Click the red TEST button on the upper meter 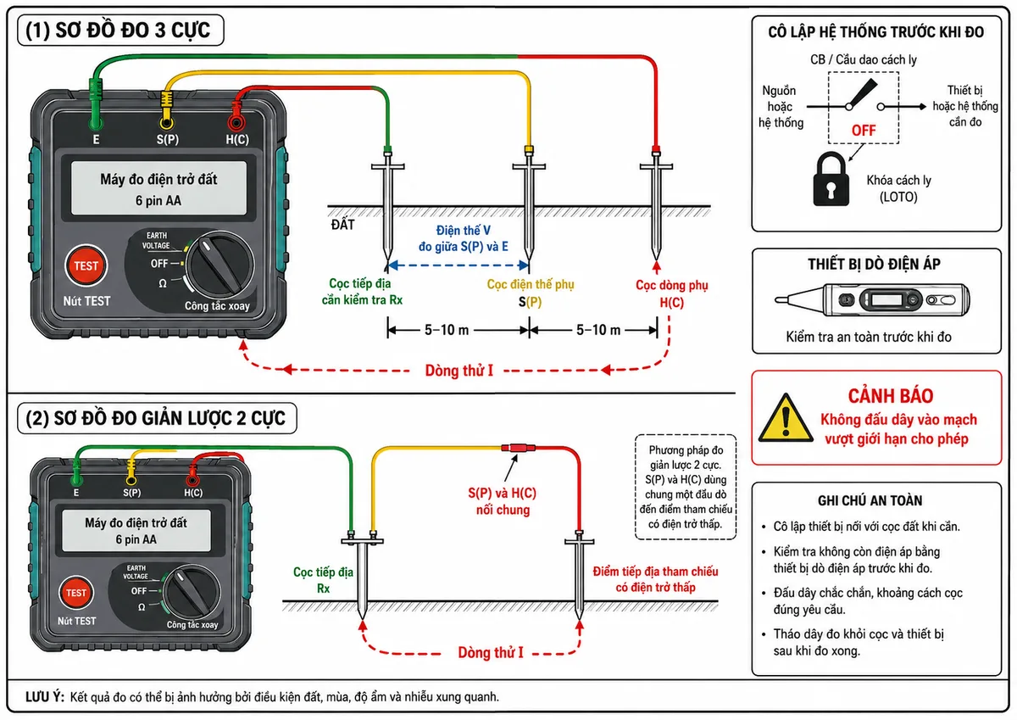click(x=86, y=265)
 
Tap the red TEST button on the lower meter click(x=75, y=592)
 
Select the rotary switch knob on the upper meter click(x=220, y=265)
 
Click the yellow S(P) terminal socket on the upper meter click(x=167, y=123)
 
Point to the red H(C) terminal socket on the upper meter click(x=236, y=122)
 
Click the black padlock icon click(x=831, y=179)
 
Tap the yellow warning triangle click(x=786, y=418)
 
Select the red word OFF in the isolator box click(x=864, y=131)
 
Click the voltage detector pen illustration click(x=872, y=299)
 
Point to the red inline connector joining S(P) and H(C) click(x=519, y=448)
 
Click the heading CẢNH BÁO click(x=891, y=396)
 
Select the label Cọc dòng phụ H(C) click(x=672, y=293)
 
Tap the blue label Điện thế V click(x=463, y=231)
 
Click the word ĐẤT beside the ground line click(x=342, y=225)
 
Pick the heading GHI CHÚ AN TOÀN click(x=870, y=500)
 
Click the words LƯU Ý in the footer click(x=45, y=697)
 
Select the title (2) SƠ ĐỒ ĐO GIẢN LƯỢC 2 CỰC click(x=155, y=418)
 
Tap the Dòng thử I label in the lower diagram click(x=491, y=652)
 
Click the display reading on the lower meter click(x=136, y=531)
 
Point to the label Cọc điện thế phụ click(x=531, y=284)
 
